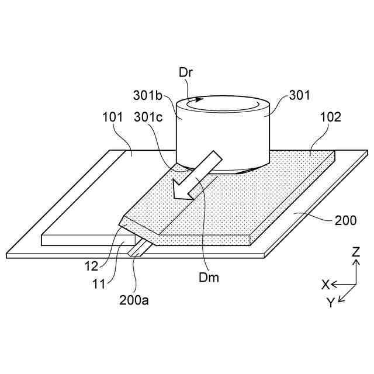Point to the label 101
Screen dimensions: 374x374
(112, 116)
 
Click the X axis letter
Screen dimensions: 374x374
(325, 285)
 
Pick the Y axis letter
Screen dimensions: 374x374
(331, 302)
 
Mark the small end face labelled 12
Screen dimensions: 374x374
(129, 227)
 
